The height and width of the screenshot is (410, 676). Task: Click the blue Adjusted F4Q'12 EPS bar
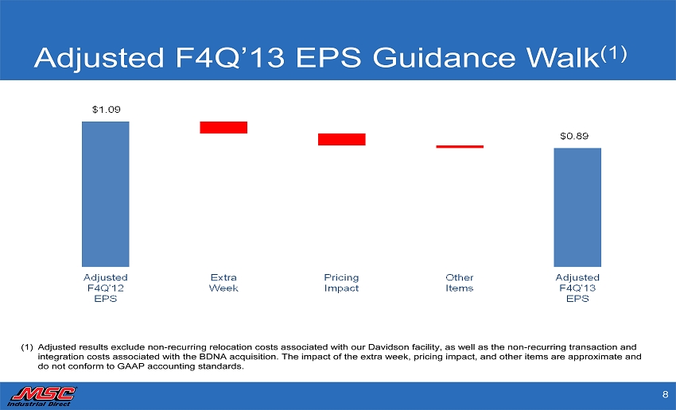pyautogui.click(x=106, y=194)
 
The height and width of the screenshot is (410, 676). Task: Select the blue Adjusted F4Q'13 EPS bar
pyautogui.click(x=577, y=207)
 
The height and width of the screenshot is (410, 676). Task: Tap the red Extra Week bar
pyautogui.click(x=223, y=127)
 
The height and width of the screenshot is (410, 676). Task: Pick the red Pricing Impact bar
pyautogui.click(x=342, y=140)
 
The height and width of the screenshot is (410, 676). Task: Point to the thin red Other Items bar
pyautogui.click(x=460, y=147)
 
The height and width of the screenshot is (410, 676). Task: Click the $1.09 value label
pyautogui.click(x=106, y=110)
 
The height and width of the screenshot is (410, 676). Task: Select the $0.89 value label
pyautogui.click(x=574, y=136)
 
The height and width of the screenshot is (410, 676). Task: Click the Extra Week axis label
pyautogui.click(x=223, y=283)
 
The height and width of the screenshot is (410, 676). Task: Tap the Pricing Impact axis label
pyautogui.click(x=341, y=283)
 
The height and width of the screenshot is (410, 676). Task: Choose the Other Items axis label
pyautogui.click(x=460, y=283)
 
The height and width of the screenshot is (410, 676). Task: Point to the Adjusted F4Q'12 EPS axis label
pyautogui.click(x=106, y=288)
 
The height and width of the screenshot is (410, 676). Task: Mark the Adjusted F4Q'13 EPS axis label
pyautogui.click(x=577, y=288)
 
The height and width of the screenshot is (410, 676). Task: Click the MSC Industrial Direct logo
pyautogui.click(x=42, y=396)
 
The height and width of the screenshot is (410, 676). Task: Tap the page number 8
pyautogui.click(x=665, y=394)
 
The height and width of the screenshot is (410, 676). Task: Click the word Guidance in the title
pyautogui.click(x=444, y=58)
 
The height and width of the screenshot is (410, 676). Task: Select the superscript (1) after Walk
pyautogui.click(x=614, y=53)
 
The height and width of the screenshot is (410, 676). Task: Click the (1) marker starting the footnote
pyautogui.click(x=27, y=347)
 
